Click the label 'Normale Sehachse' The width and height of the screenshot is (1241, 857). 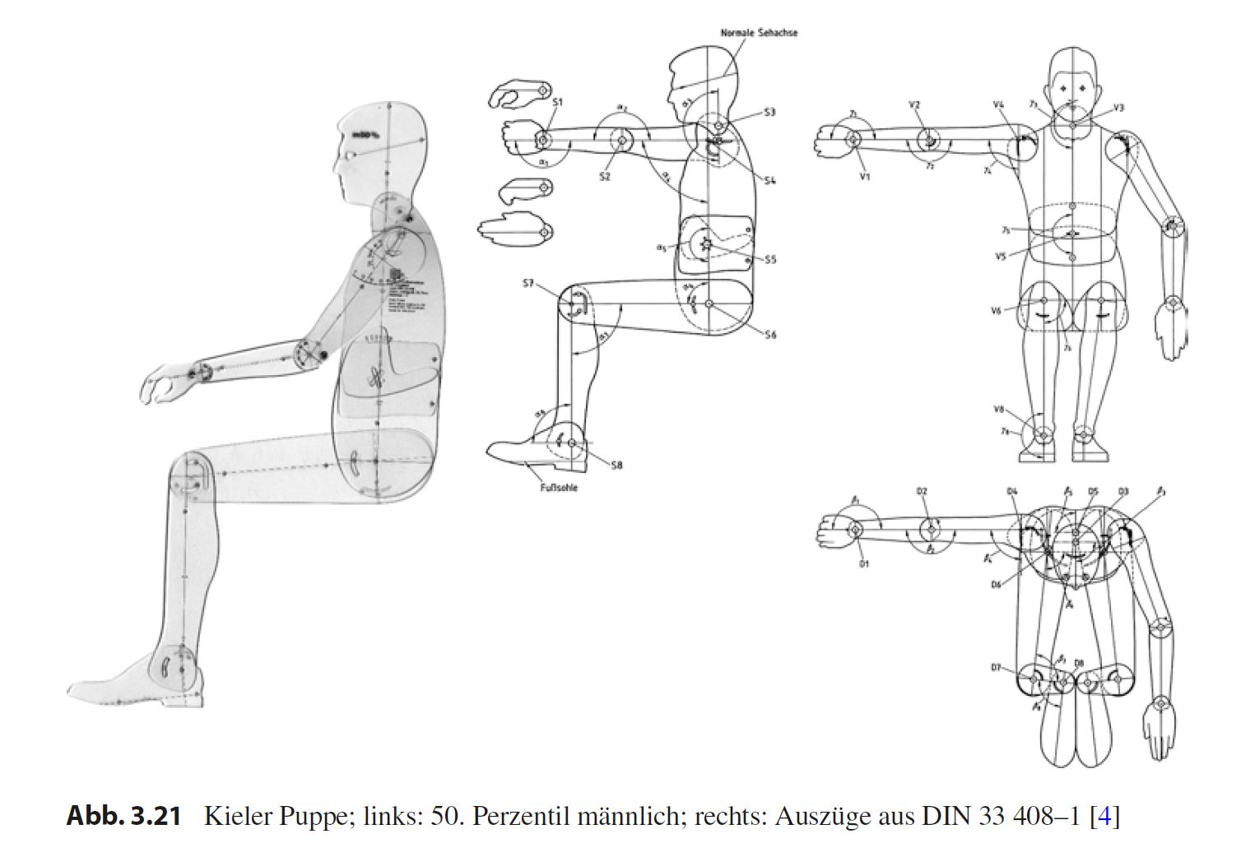click(x=758, y=33)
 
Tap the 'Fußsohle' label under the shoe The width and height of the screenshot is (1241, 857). click(x=558, y=488)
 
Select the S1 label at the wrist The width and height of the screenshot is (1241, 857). click(x=557, y=102)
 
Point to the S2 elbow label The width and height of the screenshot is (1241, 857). click(x=605, y=176)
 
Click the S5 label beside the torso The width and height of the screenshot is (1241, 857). click(x=769, y=260)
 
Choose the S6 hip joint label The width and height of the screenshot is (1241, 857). click(x=769, y=335)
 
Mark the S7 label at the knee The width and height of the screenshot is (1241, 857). click(x=528, y=284)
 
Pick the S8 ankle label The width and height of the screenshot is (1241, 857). click(x=616, y=466)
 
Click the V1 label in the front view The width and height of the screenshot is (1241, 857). click(x=865, y=177)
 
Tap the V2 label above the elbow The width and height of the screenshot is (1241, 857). click(x=914, y=105)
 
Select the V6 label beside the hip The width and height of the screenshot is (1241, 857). click(x=996, y=311)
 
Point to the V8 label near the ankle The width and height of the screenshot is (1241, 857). click(x=998, y=409)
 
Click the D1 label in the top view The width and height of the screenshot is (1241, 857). click(x=864, y=564)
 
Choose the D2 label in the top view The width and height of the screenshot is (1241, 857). click(x=922, y=492)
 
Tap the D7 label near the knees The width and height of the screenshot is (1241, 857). click(x=996, y=668)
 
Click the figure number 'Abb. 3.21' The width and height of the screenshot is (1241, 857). click(x=123, y=817)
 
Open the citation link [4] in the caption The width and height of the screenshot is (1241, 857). click(x=1104, y=817)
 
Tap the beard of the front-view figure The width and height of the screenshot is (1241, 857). click(x=1072, y=113)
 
